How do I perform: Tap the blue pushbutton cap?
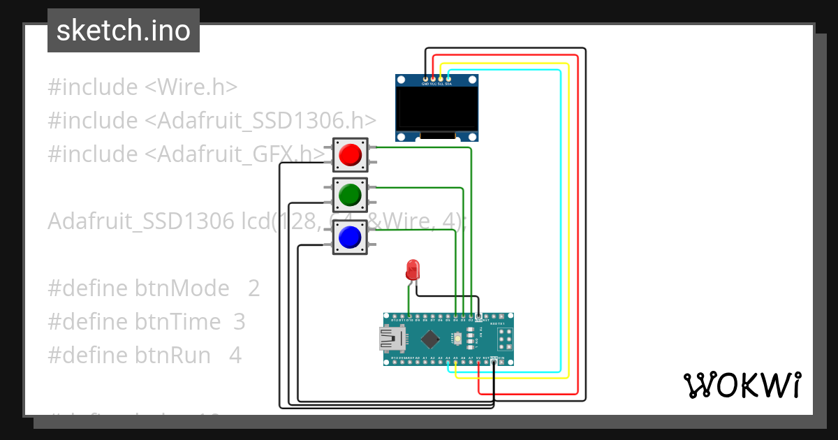(349, 238)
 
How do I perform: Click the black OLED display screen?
(436, 108)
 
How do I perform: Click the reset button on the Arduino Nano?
(457, 339)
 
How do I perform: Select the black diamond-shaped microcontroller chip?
(431, 339)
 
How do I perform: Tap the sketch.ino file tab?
(124, 31)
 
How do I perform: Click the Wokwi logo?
(741, 385)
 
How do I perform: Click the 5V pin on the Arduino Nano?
(478, 362)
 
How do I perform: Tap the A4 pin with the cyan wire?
(448, 362)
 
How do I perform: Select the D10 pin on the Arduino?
(409, 316)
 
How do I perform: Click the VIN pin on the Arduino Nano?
(501, 362)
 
